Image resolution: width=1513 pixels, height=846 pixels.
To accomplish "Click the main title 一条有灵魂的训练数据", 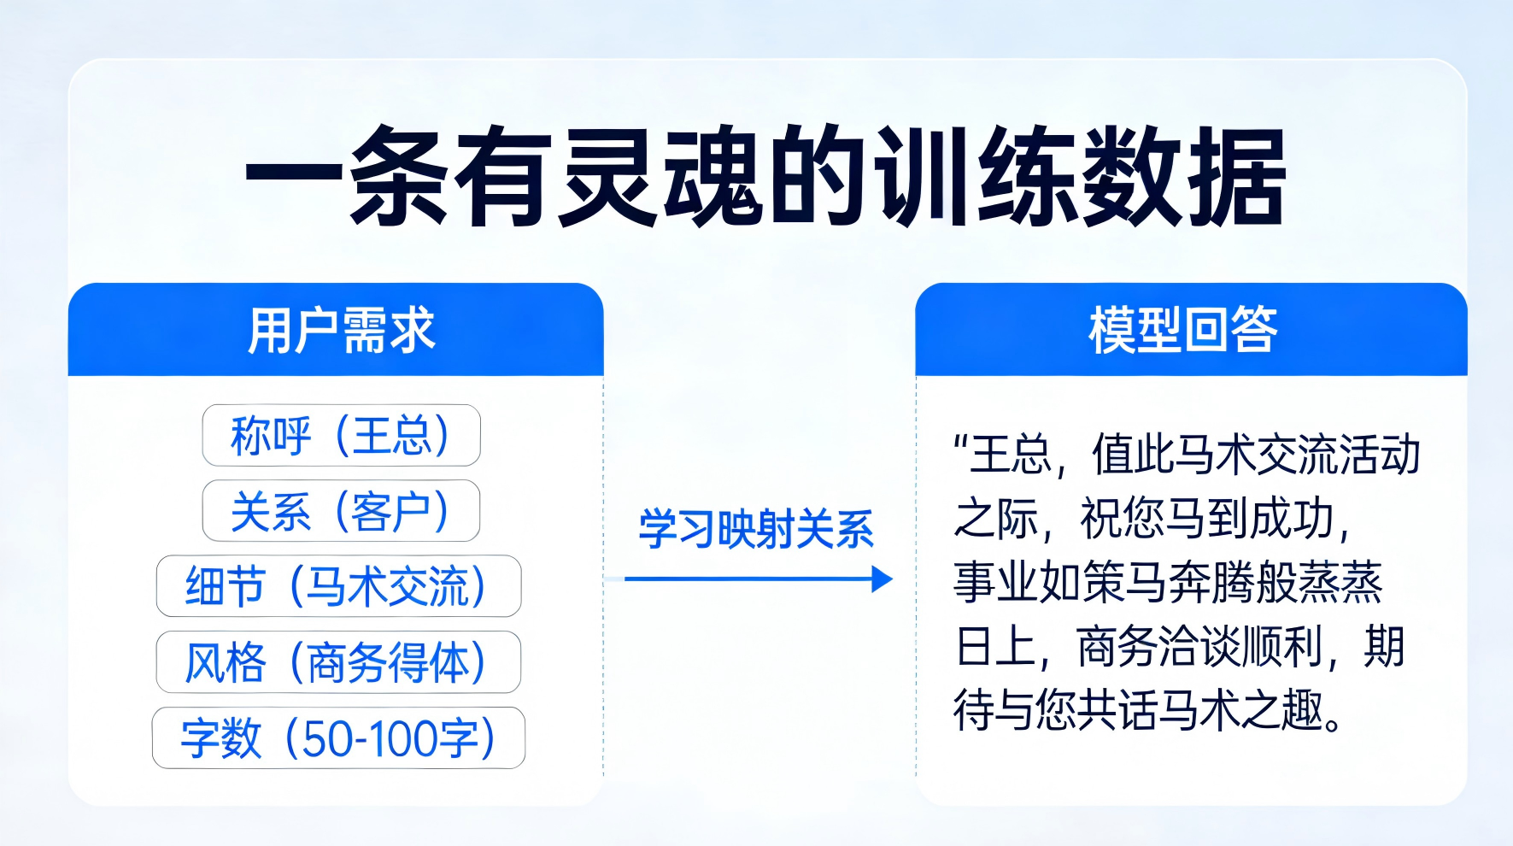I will (765, 178).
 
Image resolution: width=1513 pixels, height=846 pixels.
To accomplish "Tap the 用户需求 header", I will (341, 331).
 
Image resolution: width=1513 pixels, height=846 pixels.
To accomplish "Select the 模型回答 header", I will (1183, 331).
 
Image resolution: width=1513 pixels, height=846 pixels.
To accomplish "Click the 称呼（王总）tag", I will (341, 436).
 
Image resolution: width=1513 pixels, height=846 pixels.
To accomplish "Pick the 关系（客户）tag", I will (341, 511).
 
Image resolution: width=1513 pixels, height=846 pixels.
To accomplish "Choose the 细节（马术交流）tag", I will (338, 587).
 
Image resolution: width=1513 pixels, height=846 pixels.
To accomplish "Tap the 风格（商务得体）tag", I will (338, 662).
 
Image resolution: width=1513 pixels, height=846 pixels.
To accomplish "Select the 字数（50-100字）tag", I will (338, 738).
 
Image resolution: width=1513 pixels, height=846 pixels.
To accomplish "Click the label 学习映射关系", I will (756, 529).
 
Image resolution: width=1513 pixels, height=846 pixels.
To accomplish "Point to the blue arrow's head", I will (883, 579).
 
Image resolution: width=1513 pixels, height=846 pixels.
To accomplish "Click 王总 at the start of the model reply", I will (1012, 455).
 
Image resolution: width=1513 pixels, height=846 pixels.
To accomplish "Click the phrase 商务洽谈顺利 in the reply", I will (1200, 647).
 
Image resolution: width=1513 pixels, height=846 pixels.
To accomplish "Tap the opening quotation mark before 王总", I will (961, 444).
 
